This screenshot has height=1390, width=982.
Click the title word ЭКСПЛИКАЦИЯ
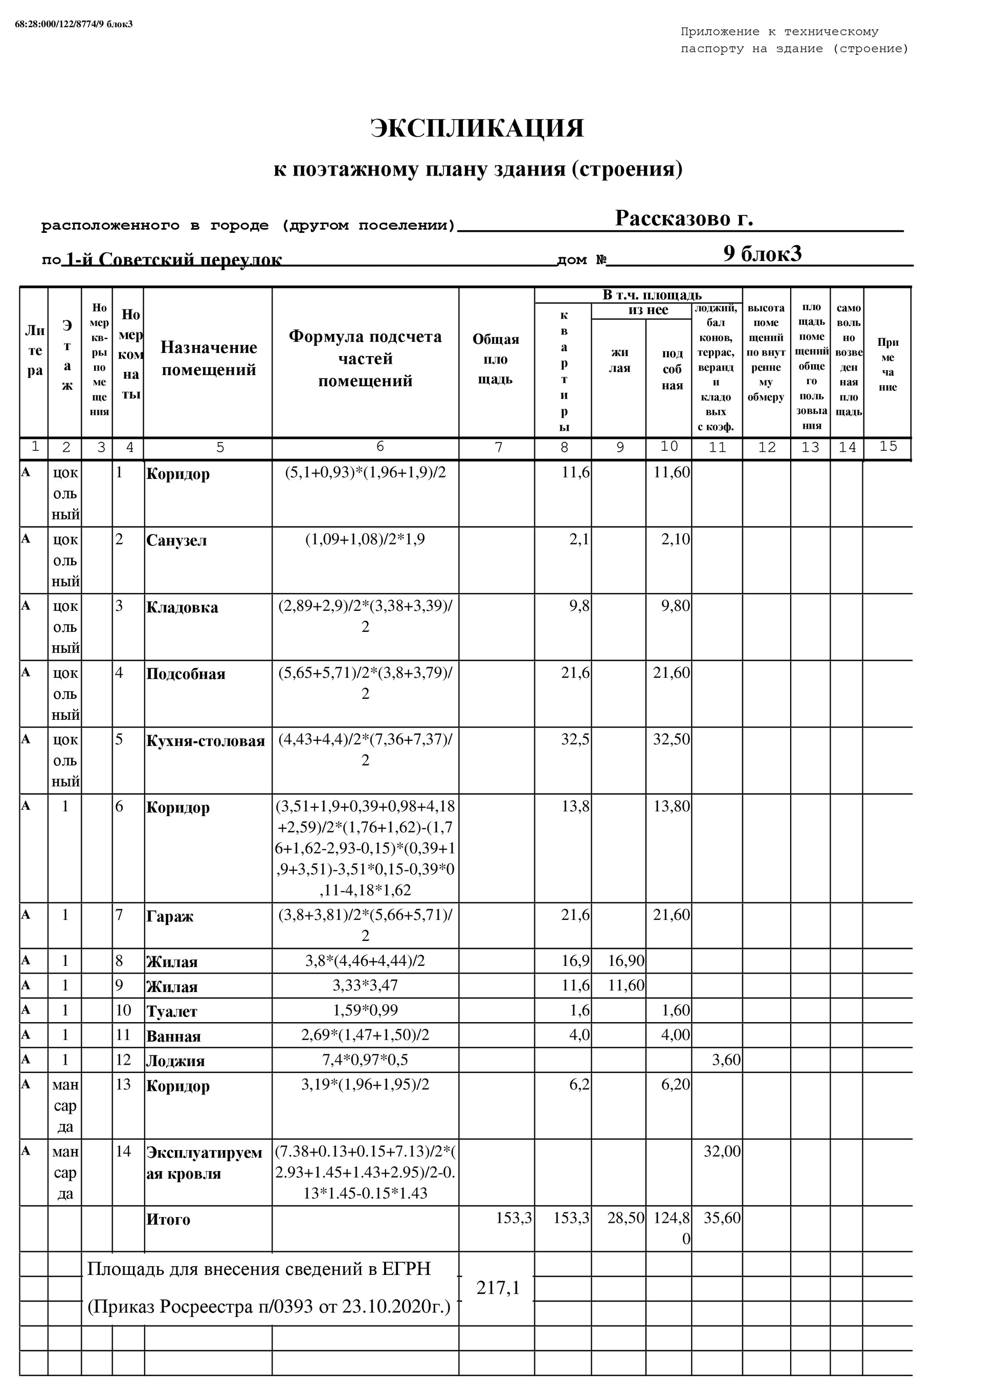tap(477, 129)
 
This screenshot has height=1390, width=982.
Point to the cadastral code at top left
tap(74, 24)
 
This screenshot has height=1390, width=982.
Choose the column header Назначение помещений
tap(208, 359)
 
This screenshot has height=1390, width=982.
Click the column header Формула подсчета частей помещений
tap(365, 359)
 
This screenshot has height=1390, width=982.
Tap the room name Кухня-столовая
tap(205, 741)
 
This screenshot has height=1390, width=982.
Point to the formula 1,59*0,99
tap(365, 1010)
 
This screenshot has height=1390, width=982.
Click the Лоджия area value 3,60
tap(726, 1060)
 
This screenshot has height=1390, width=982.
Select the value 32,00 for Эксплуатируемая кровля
tap(722, 1151)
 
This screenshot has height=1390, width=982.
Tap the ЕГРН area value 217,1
tap(498, 1288)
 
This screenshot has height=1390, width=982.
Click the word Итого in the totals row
tap(168, 1219)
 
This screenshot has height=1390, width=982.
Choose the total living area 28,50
tap(626, 1218)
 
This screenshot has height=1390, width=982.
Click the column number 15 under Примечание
tap(887, 446)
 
